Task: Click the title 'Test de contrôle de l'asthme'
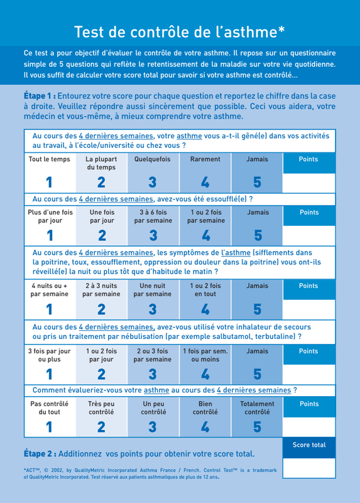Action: pyautogui.click(x=180, y=32)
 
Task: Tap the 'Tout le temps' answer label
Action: pyautogui.click(x=50, y=159)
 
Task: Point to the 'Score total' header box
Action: pyautogui.click(x=309, y=448)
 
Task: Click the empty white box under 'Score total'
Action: pyautogui.click(x=309, y=468)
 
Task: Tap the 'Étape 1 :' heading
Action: pyautogui.click(x=40, y=96)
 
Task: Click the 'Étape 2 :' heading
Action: pyautogui.click(x=40, y=454)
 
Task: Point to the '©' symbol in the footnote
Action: pyautogui.click(x=46, y=470)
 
